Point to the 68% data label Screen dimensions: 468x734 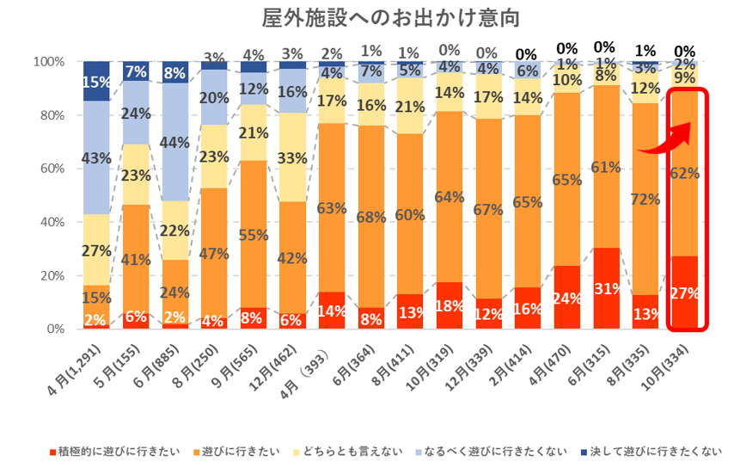click(371, 217)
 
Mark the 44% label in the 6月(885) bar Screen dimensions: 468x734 click(176, 143)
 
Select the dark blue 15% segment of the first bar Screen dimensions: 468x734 click(96, 82)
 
